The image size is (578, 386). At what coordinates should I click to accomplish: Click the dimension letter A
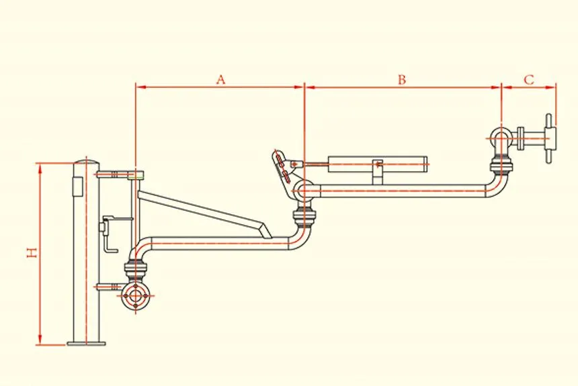click(x=220, y=79)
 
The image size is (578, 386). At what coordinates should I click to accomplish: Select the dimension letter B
click(x=401, y=79)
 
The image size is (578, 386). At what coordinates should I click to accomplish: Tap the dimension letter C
click(x=529, y=79)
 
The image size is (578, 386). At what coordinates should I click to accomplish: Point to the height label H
click(x=31, y=253)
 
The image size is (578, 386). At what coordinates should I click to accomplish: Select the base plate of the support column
click(x=86, y=343)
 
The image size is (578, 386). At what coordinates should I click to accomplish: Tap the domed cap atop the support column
click(x=86, y=162)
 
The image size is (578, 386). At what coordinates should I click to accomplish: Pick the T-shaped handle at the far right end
click(x=550, y=138)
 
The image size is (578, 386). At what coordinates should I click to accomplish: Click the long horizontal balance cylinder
click(x=376, y=163)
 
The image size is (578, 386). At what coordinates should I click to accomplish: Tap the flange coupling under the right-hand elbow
click(x=501, y=164)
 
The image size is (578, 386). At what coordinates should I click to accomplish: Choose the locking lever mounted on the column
click(x=108, y=232)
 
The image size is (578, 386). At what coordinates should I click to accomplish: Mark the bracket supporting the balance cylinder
click(x=378, y=174)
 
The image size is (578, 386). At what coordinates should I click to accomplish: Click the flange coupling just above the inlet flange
click(x=136, y=273)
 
